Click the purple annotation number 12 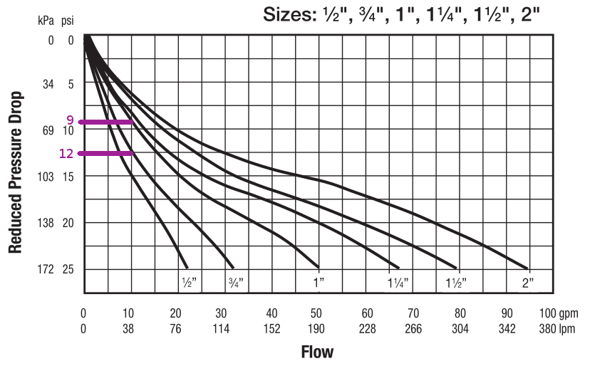pos(67,153)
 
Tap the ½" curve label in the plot pos(189,283)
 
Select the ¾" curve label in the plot pos(236,283)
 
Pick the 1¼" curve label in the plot pos(398,283)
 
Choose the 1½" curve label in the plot pos(456,283)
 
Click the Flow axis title pos(317,352)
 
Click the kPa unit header pos(46,20)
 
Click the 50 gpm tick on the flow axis pos(319,313)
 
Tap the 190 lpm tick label pos(319,330)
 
